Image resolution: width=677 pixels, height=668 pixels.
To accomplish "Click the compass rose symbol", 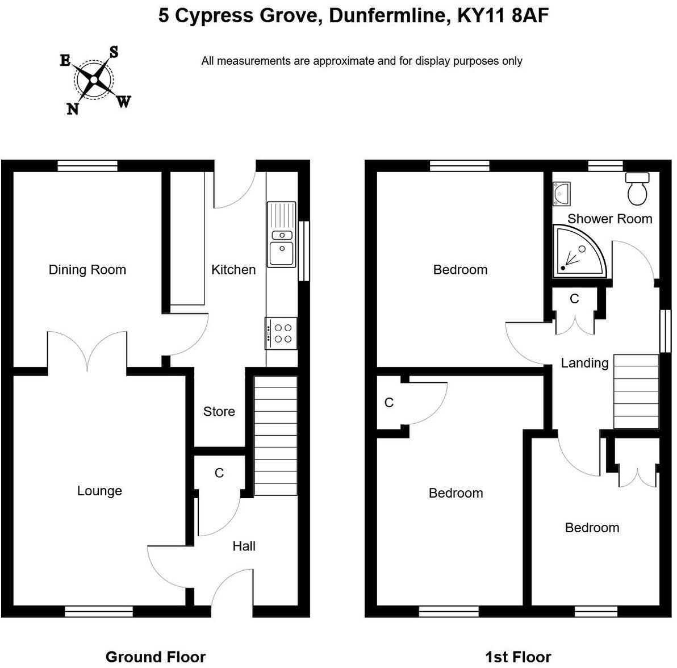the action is click(94, 80).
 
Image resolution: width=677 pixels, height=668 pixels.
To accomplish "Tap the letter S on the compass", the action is click(114, 52).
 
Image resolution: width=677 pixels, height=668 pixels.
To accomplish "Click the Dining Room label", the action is click(87, 270).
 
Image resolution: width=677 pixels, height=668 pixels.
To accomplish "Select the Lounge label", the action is click(99, 491).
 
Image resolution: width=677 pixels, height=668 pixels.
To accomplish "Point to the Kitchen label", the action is click(233, 270).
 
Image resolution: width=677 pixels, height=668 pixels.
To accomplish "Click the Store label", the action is click(219, 411).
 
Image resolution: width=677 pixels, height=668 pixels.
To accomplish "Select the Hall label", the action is click(244, 546).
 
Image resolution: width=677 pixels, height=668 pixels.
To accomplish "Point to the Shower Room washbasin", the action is click(561, 193).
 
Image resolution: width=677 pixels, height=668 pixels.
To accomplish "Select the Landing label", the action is click(584, 363).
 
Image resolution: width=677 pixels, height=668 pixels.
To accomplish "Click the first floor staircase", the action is click(636, 391).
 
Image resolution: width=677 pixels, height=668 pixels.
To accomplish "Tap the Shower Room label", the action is click(609, 219).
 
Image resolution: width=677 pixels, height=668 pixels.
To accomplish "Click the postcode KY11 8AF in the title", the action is click(503, 15).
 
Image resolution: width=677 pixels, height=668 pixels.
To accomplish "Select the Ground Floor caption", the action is click(156, 657).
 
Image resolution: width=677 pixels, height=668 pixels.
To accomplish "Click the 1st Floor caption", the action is click(518, 657).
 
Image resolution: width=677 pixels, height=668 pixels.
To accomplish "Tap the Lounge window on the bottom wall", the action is click(99, 612).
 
